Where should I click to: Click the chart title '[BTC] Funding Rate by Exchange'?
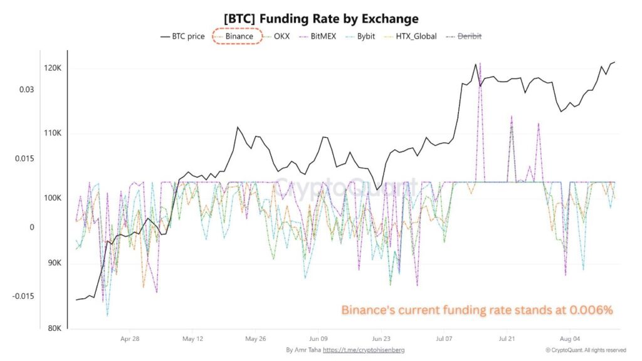click(x=320, y=19)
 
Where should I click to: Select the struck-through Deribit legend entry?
click(x=470, y=36)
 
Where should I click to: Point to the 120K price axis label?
click(x=53, y=68)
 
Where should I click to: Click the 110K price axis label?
click(x=53, y=133)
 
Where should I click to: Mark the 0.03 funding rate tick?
click(x=26, y=90)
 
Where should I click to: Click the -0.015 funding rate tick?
click(x=23, y=296)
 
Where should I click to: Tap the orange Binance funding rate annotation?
click(x=476, y=310)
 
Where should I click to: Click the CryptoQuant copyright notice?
click(x=586, y=350)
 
